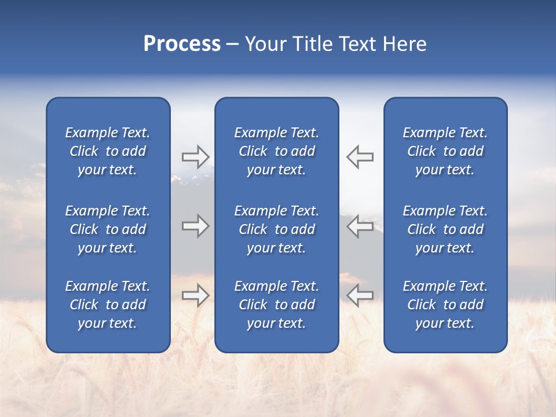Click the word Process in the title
coord(182,44)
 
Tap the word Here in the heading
coord(404,44)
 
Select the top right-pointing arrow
coord(195,157)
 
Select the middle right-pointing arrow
coord(195,226)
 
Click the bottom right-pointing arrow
coord(195,295)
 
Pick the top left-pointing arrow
coord(360,157)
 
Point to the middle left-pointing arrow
coord(360,226)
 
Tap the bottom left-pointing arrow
coord(360,295)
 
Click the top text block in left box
coord(108,151)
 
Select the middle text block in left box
coord(108,229)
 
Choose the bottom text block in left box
coord(108,305)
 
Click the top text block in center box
coord(277,151)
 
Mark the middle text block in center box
coord(277,229)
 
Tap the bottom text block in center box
coord(277,305)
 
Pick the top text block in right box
coord(445,151)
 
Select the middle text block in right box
coord(445,229)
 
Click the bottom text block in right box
coord(445,305)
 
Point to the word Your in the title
coord(265,44)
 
